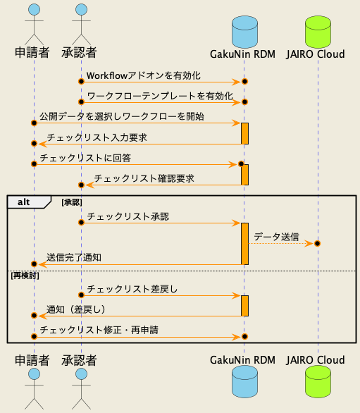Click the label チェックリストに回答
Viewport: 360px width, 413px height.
pyautogui.click(x=85, y=157)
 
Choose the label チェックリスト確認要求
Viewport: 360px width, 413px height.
pyautogui.click(x=144, y=178)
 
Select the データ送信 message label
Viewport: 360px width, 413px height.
pyautogui.click(x=275, y=236)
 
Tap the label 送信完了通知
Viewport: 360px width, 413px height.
pyautogui.click(x=74, y=257)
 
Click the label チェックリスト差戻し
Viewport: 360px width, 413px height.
pyautogui.click(x=132, y=288)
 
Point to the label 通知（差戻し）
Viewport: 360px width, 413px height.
pyautogui.click(x=76, y=309)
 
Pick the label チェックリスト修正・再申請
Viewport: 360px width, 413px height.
pyautogui.click(x=108, y=330)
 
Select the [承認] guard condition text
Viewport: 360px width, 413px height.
pyautogui.click(x=73, y=202)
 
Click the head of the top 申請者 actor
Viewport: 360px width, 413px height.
pyautogui.click(x=33, y=10)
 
